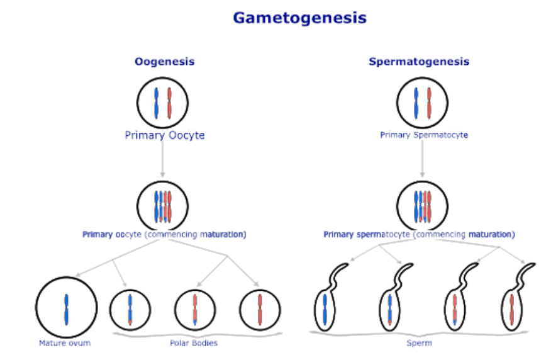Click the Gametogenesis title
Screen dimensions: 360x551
point(299,18)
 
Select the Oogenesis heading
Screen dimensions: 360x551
point(164,62)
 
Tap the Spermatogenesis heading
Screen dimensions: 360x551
point(419,62)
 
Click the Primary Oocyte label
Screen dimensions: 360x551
point(165,135)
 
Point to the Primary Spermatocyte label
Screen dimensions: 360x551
point(424,135)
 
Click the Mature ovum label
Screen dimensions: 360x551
point(65,343)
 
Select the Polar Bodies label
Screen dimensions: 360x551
point(194,343)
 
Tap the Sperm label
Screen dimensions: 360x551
point(423,343)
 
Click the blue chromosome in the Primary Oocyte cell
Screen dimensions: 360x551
point(156,103)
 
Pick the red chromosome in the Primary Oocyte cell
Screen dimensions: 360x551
point(169,103)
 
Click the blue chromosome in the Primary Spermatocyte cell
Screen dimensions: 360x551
point(416,103)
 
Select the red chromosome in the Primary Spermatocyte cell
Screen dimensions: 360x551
point(429,103)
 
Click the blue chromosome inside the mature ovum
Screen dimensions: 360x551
point(66,308)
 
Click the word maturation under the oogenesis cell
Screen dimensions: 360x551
point(223,234)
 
